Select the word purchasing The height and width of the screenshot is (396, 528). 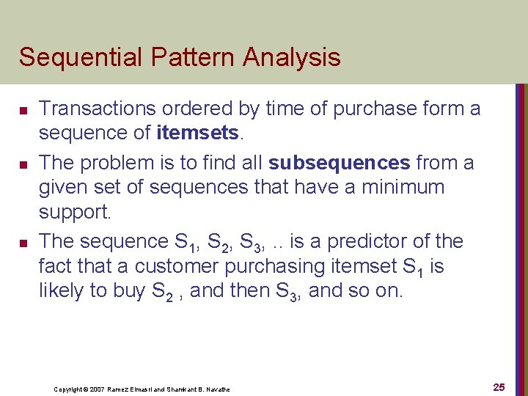coord(282,266)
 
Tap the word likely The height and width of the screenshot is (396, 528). coord(61,291)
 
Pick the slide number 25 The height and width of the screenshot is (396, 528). coord(499,387)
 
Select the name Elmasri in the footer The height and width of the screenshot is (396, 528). coord(139,389)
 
